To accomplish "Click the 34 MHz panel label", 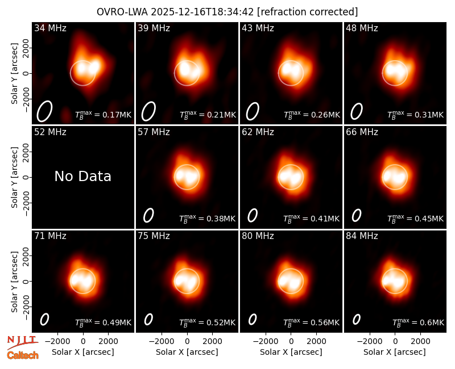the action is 50,28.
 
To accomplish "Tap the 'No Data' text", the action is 82,176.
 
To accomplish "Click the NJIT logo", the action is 22,342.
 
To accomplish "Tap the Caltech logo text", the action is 23,355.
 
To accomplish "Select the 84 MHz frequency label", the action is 362,236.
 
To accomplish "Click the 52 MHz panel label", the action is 50,132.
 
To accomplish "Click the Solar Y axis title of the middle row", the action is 14,177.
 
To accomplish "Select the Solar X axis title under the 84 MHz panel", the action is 395,352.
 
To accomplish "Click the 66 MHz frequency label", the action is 362,132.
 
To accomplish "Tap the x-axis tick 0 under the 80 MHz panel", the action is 291,342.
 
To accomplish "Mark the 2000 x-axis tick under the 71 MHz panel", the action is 108,342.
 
